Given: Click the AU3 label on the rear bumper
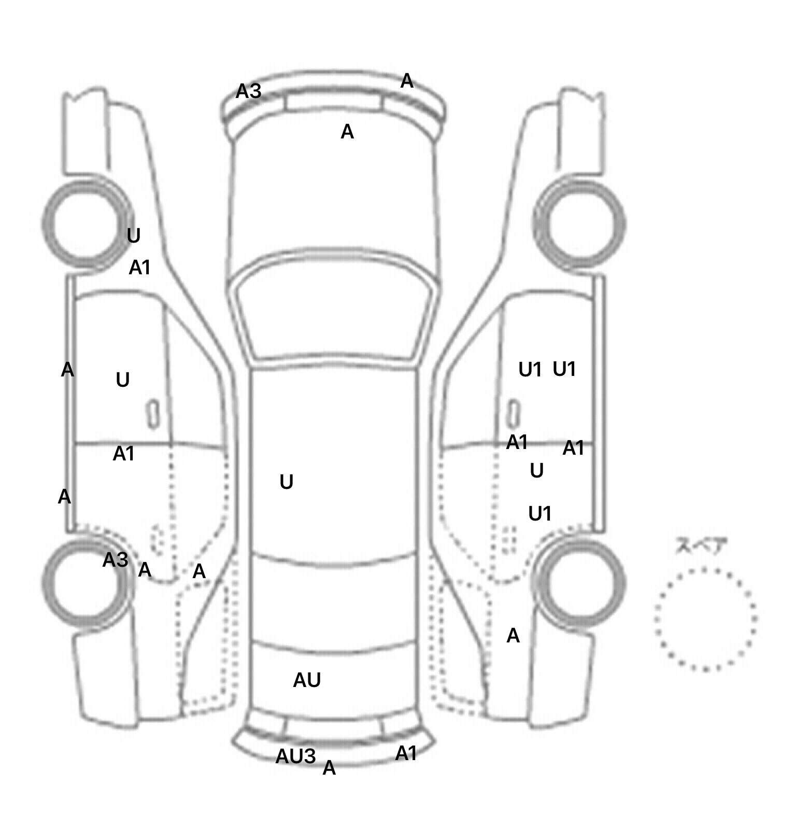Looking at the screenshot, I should click(x=295, y=756).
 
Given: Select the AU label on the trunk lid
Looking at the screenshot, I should click(x=307, y=680).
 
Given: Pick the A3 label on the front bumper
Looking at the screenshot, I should click(x=248, y=91).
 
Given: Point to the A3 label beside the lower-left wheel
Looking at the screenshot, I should click(x=115, y=559).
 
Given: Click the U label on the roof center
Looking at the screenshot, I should click(x=286, y=482).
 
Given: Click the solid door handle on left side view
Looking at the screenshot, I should click(x=153, y=414).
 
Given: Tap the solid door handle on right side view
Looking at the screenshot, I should click(x=513, y=414).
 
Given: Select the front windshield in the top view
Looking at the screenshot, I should click(x=334, y=314).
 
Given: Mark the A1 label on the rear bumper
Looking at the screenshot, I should click(x=406, y=753).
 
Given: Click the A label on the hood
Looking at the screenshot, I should click(x=347, y=132).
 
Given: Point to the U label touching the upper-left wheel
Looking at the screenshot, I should click(x=133, y=236).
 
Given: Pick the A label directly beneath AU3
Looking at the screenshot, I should click(x=329, y=768).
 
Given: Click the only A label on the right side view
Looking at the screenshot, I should click(x=513, y=635).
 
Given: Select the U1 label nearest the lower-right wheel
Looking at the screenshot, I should click(x=539, y=513).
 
